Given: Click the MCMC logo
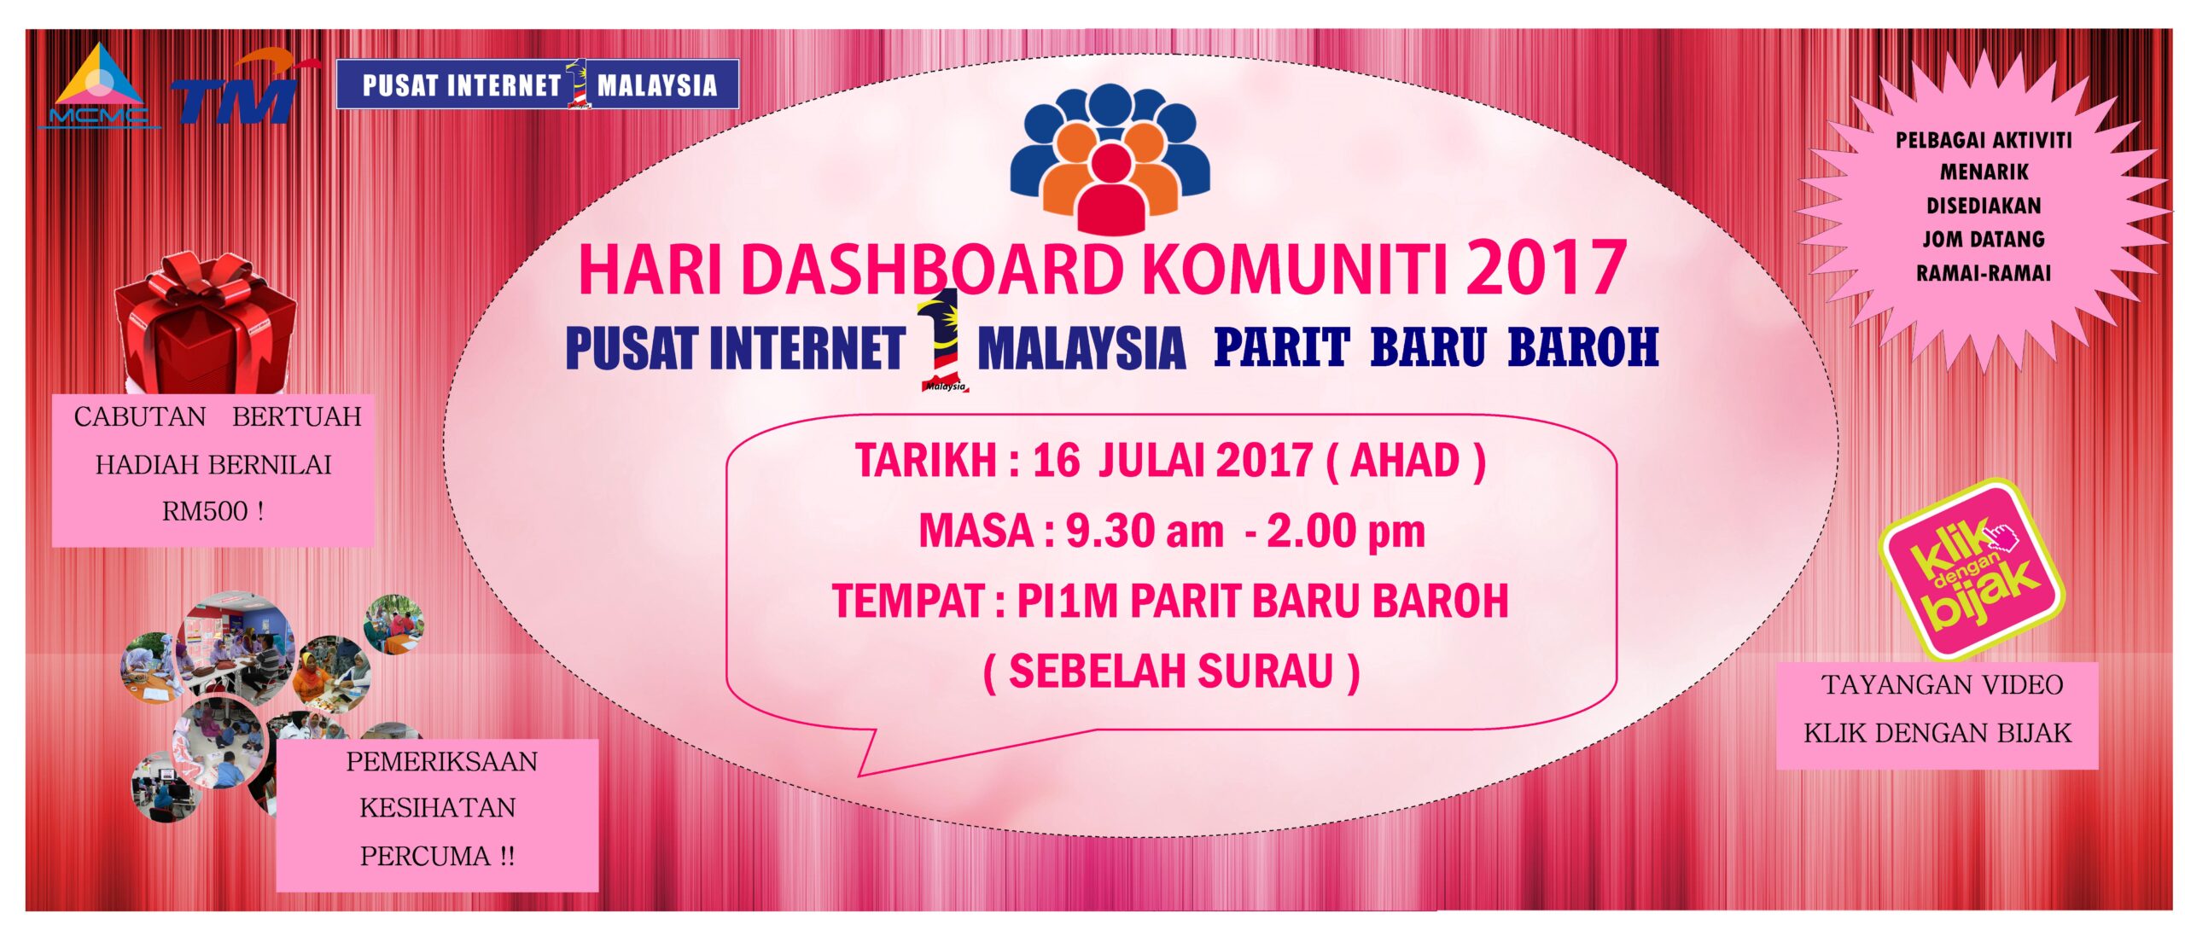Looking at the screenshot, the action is click(99, 86).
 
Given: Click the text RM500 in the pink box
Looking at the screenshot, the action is click(205, 512).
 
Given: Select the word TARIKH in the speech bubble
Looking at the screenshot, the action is click(927, 462).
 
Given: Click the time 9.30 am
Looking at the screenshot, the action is click(1145, 532).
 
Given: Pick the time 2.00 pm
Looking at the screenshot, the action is click(1346, 532).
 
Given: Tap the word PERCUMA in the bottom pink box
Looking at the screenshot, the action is click(424, 856).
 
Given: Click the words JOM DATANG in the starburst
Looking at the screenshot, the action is click(1983, 239).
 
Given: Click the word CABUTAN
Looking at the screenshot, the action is click(140, 417).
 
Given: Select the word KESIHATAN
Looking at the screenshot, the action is click(437, 808).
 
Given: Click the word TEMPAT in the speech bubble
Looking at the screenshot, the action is click(909, 602).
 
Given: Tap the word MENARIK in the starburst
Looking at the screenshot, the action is click(1984, 172).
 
